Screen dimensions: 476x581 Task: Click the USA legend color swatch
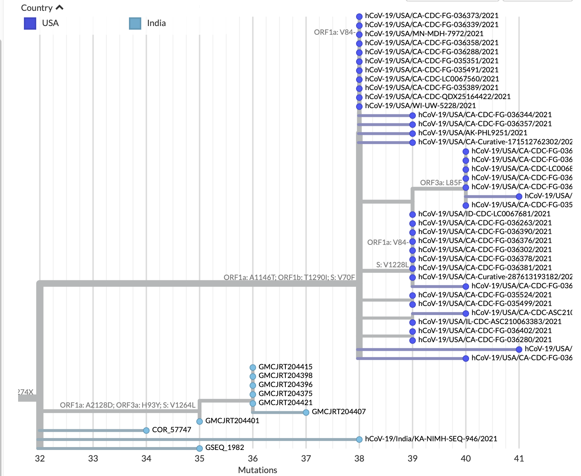30,24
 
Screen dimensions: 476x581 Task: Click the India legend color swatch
135,24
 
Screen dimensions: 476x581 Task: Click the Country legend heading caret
60,8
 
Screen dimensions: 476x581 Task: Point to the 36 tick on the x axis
253,459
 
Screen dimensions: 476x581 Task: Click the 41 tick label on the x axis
519,459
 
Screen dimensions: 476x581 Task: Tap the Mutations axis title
257,470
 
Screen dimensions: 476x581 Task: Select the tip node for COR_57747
146,430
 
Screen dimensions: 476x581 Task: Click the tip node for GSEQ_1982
200,449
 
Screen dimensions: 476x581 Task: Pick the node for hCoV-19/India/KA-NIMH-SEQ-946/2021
359,439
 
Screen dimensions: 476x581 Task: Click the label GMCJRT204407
338,412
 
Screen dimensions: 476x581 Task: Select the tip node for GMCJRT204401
200,421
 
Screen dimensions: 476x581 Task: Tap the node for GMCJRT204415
253,367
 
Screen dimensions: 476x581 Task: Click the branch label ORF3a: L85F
441,183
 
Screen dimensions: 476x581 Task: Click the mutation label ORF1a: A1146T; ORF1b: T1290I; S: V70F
289,277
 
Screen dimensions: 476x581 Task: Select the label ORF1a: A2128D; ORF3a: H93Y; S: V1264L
128,405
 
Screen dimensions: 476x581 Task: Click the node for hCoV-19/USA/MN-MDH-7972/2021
359,35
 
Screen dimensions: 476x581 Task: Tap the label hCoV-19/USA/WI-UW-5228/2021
420,106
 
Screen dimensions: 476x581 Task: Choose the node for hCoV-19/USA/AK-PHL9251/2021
413,133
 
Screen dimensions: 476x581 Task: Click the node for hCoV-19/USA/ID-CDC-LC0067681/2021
413,214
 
